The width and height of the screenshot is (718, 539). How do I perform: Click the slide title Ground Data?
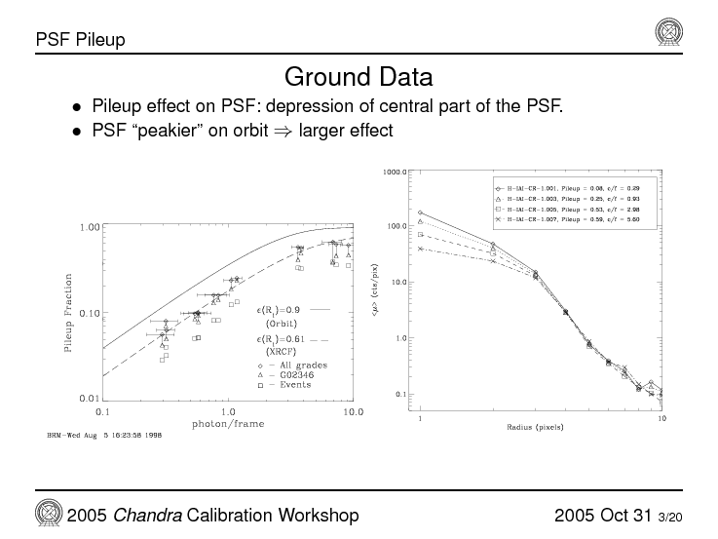click(x=358, y=76)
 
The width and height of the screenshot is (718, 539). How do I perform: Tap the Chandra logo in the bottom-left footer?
click(x=49, y=514)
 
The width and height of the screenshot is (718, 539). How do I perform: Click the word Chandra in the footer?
click(x=152, y=515)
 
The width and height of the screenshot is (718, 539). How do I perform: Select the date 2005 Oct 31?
click(x=602, y=515)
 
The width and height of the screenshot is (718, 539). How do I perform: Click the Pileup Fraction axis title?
click(x=67, y=313)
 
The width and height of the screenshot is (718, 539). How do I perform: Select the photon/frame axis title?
click(x=227, y=424)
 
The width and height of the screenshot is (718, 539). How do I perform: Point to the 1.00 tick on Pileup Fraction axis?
click(x=88, y=227)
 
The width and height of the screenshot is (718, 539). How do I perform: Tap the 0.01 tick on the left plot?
click(x=88, y=399)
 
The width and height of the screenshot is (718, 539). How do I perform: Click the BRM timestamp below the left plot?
click(x=104, y=435)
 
